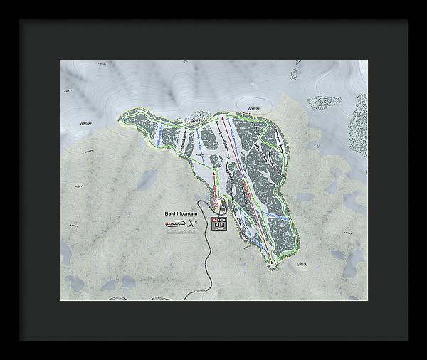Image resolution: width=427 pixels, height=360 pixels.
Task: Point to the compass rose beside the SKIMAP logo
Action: (193, 224)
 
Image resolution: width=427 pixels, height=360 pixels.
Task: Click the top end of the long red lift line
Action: (226, 118)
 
